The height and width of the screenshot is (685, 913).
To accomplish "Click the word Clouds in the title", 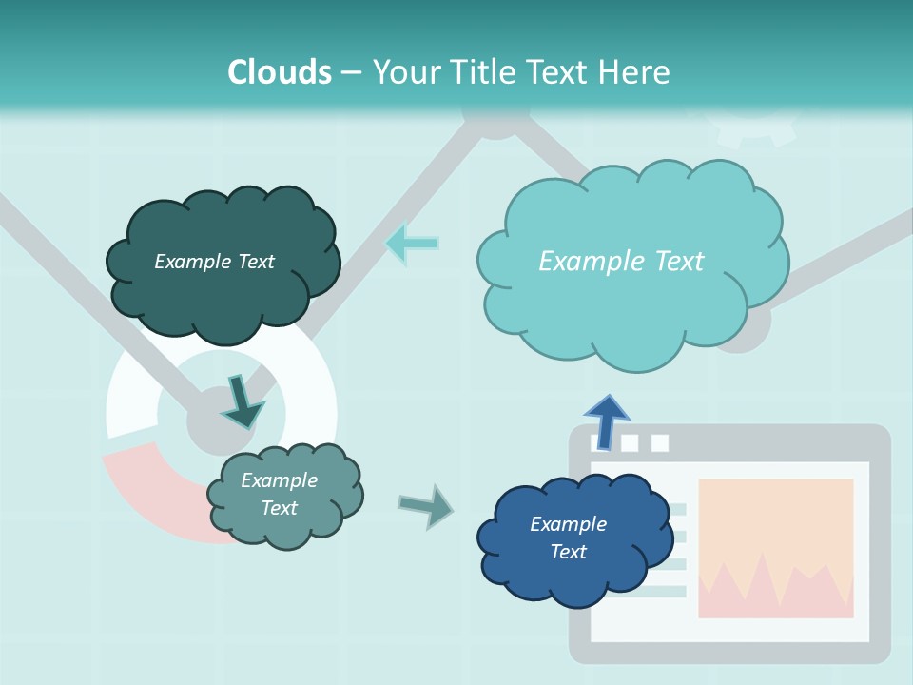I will [280, 72].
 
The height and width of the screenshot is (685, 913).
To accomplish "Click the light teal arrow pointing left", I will [411, 244].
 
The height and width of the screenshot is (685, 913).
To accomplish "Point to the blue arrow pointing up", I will [607, 420].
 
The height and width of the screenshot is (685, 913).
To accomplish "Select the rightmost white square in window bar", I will [659, 442].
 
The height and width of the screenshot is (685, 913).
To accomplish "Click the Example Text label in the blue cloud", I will [568, 538].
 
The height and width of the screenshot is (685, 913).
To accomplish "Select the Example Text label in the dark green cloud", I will [214, 262].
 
